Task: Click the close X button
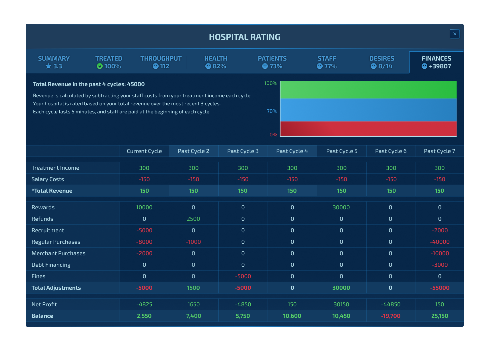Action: [x=455, y=34]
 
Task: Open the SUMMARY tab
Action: [x=54, y=62]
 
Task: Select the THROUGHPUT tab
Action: [x=161, y=62]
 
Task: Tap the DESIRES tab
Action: [x=382, y=62]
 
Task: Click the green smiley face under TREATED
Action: [x=100, y=66]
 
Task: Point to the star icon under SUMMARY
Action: [x=48, y=66]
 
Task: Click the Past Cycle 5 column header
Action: [x=342, y=151]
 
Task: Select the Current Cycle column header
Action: [x=144, y=151]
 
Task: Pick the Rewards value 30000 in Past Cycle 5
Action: [x=341, y=207]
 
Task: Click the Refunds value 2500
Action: [x=193, y=219]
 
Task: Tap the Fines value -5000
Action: [x=243, y=276]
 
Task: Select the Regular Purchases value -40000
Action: [x=440, y=242]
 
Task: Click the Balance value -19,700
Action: [x=391, y=316]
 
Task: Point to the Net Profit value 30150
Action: [x=341, y=304]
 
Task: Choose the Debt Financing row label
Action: [x=51, y=265]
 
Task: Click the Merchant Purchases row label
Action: [x=58, y=253]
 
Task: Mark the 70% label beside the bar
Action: [x=272, y=111]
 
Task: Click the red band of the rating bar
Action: [x=368, y=129]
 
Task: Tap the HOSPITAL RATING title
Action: [x=244, y=37]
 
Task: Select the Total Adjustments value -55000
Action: [x=440, y=288]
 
